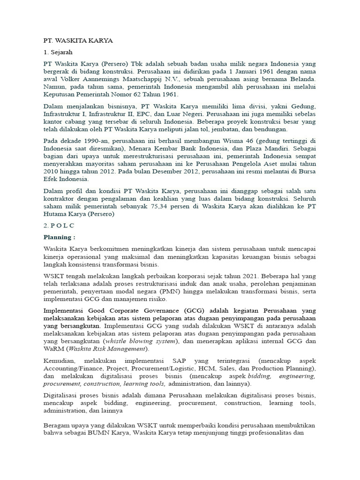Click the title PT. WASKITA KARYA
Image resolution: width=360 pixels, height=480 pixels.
pos(78,41)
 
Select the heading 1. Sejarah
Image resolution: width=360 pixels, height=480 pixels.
pos(59,52)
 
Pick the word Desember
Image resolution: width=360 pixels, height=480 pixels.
pos(172,171)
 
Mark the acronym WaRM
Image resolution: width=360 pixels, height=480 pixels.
pos(52,348)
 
